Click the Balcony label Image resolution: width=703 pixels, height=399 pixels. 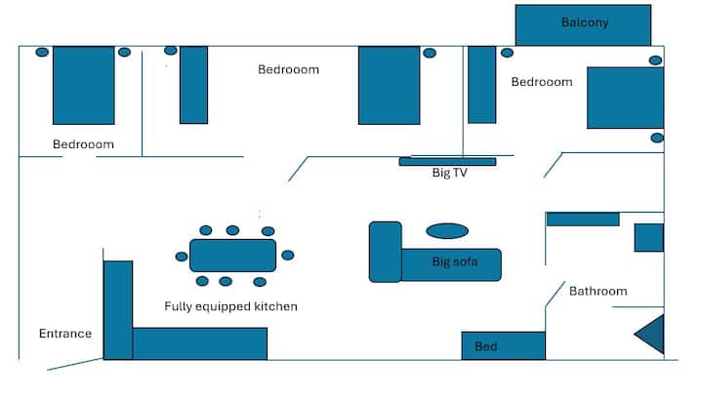[585, 22]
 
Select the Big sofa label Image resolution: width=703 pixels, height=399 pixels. [455, 261]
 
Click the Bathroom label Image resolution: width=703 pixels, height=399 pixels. [598, 291]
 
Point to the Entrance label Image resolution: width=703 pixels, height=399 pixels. [65, 334]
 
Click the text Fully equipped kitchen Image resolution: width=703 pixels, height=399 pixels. [230, 306]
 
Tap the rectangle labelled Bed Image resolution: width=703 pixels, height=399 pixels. [503, 346]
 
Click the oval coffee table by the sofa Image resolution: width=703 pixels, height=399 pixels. [447, 231]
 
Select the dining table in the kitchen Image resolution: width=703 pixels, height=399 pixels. [232, 256]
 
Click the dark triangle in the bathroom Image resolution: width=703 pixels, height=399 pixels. [652, 334]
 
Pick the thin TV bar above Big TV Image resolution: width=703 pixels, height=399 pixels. [447, 161]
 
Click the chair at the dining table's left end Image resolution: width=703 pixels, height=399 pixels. [182, 257]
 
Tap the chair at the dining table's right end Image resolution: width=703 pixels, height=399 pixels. [288, 256]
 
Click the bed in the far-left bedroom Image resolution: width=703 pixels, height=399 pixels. [84, 85]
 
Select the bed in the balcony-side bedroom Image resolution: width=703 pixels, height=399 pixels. [625, 98]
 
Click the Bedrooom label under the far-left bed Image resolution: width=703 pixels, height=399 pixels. [83, 144]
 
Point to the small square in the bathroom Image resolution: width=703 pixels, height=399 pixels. [648, 237]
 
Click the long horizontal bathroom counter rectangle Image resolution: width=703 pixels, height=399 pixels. [583, 219]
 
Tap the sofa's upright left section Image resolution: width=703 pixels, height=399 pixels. [386, 252]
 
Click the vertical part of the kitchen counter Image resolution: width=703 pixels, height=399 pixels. [118, 309]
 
